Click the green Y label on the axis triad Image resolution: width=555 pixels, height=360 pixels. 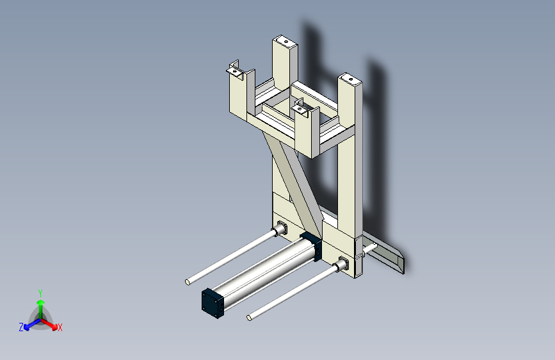coord(40,293)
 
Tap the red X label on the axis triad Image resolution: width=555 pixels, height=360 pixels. coord(60,328)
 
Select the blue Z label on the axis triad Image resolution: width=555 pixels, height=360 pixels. coord(21,327)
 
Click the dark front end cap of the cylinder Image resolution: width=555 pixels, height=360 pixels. coord(213,303)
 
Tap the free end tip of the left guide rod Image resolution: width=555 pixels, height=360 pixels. coord(188,282)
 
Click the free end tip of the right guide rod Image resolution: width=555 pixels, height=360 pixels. coord(249,318)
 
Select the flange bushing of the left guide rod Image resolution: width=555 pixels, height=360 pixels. coord(280,229)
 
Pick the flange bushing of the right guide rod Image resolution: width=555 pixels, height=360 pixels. coord(342,265)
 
